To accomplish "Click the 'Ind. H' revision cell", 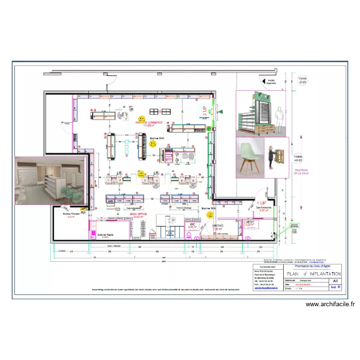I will tap(335, 288).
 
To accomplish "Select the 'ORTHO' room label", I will tap(217, 226).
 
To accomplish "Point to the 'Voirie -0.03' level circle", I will tap(302, 80).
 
